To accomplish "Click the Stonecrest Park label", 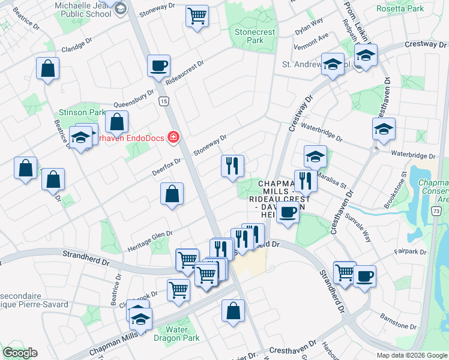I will [x=249, y=35].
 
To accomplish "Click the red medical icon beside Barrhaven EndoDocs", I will [x=173, y=137].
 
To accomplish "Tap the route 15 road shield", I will [x=163, y=103].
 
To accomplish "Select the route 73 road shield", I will [x=436, y=211].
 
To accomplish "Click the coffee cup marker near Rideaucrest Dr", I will [x=158, y=65].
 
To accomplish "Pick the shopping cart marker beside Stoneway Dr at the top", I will [x=196, y=16].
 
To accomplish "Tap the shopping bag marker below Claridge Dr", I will [x=47, y=68].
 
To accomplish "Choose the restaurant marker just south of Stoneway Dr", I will [x=232, y=165].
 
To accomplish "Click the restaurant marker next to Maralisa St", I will [x=306, y=180].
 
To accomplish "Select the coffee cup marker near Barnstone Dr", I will [x=364, y=276].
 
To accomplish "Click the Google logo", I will [x=20, y=353].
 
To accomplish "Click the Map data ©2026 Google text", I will [x=411, y=355].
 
